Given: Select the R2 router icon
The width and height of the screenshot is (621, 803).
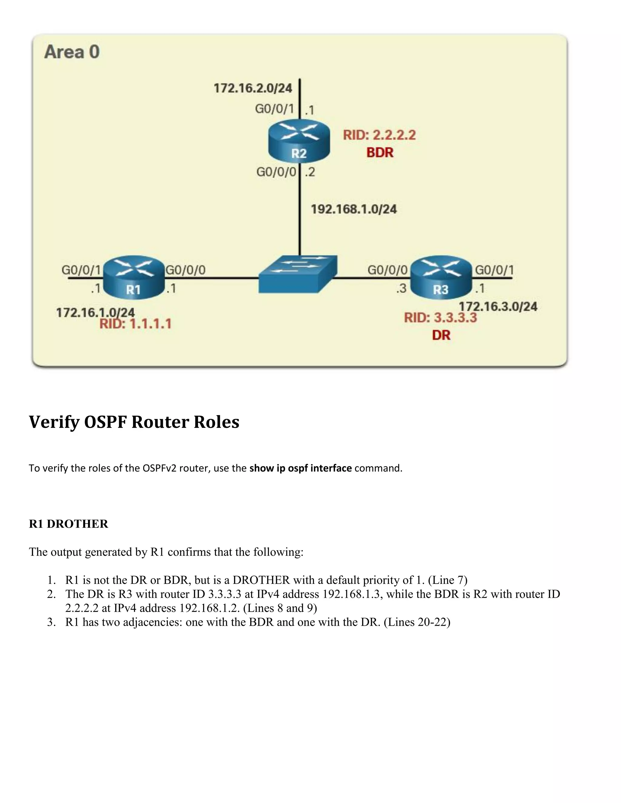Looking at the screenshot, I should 299,142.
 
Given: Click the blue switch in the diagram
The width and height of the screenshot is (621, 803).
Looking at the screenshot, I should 298,274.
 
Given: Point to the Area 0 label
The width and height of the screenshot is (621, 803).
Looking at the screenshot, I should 72,52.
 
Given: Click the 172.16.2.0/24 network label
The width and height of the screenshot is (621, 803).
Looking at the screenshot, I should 253,88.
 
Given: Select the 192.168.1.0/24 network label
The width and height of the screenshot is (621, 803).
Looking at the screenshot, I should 354,209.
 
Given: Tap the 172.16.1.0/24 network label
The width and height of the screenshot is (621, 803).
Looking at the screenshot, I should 95,312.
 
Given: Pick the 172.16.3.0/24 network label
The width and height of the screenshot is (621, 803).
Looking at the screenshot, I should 498,306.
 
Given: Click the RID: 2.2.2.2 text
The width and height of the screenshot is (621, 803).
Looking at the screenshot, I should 379,135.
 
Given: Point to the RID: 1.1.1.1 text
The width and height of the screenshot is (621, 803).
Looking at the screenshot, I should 135,324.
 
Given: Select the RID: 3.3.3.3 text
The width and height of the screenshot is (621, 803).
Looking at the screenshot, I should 440,318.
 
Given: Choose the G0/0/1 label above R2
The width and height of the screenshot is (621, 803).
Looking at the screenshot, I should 274,109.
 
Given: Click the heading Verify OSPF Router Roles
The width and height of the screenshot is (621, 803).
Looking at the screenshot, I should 134,422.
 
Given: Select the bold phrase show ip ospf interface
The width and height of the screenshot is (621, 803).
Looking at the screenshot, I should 300,468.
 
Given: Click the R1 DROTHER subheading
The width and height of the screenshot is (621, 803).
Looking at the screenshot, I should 69,524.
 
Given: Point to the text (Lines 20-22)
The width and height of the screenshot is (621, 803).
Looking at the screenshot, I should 417,622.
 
